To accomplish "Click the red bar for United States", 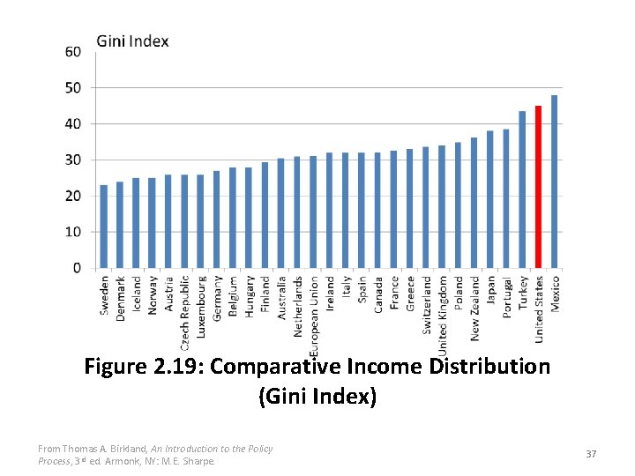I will (x=538, y=187).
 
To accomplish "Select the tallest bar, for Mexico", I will (x=555, y=182).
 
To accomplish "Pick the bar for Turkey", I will (x=522, y=190).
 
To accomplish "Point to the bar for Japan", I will (x=490, y=199).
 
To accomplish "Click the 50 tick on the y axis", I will (x=72, y=88).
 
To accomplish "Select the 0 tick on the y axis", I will (x=76, y=268).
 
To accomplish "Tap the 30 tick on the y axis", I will (x=72, y=160).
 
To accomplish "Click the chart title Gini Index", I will (x=132, y=41).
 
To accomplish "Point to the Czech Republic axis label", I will (x=185, y=309).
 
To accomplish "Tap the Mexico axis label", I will (x=555, y=294).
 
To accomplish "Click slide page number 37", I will (x=591, y=453).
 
